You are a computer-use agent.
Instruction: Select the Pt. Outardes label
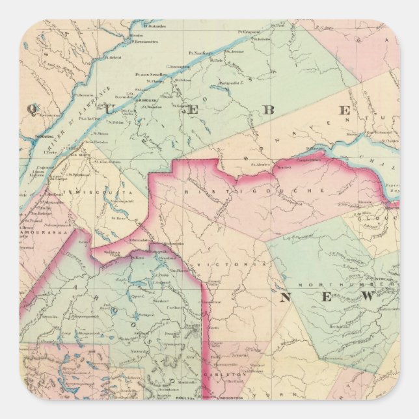[154, 27]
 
